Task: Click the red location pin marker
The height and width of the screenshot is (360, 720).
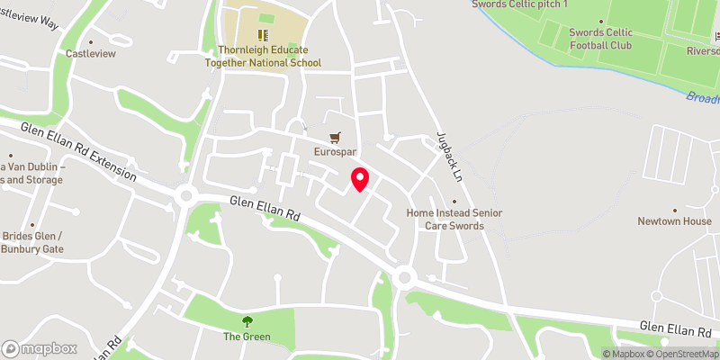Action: [359, 179]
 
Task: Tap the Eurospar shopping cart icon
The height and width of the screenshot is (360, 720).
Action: [336, 138]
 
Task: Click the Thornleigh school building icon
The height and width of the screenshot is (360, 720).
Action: [264, 33]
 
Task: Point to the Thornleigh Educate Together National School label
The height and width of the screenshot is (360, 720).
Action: [269, 57]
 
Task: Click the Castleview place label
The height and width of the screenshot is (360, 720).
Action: [91, 54]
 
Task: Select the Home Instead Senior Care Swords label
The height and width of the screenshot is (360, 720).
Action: [454, 219]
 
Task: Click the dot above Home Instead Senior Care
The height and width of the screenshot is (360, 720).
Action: [454, 202]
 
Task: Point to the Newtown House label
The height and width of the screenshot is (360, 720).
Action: [674, 221]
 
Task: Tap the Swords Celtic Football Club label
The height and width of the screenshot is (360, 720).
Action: [600, 39]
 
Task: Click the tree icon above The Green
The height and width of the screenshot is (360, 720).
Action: [247, 321]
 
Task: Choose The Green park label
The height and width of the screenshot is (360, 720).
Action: [247, 337]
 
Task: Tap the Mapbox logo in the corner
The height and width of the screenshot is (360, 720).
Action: [40, 348]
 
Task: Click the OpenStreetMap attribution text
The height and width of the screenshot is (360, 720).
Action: [682, 353]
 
